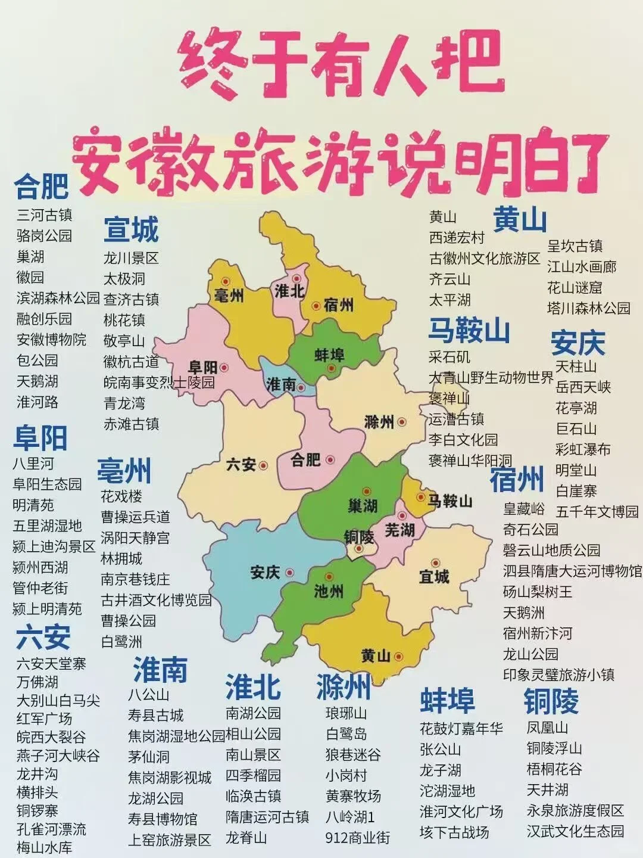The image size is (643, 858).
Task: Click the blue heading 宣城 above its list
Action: click(x=132, y=230)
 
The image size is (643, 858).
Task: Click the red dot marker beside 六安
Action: click(x=263, y=465)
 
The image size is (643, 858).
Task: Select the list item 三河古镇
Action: click(x=45, y=215)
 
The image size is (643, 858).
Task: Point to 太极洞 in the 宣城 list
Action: click(x=124, y=279)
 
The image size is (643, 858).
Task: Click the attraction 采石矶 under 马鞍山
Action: click(x=450, y=356)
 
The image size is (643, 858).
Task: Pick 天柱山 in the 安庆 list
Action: click(x=576, y=366)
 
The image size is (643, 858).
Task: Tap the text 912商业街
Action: click(x=357, y=838)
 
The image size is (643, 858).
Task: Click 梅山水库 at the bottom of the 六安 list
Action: click(x=45, y=847)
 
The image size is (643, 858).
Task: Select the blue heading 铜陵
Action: click(x=551, y=701)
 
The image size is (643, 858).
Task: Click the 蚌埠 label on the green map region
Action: click(x=329, y=356)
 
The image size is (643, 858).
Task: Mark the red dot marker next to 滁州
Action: click(x=402, y=422)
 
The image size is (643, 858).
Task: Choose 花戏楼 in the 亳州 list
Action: click(x=121, y=496)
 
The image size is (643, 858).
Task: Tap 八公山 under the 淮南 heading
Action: click(x=149, y=695)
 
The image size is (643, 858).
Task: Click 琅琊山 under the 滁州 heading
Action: click(x=347, y=713)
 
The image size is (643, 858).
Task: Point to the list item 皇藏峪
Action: click(x=524, y=509)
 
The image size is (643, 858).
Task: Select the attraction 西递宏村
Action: click(x=457, y=238)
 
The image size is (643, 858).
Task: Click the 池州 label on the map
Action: click(x=328, y=590)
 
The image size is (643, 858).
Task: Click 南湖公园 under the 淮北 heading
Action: click(x=253, y=713)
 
